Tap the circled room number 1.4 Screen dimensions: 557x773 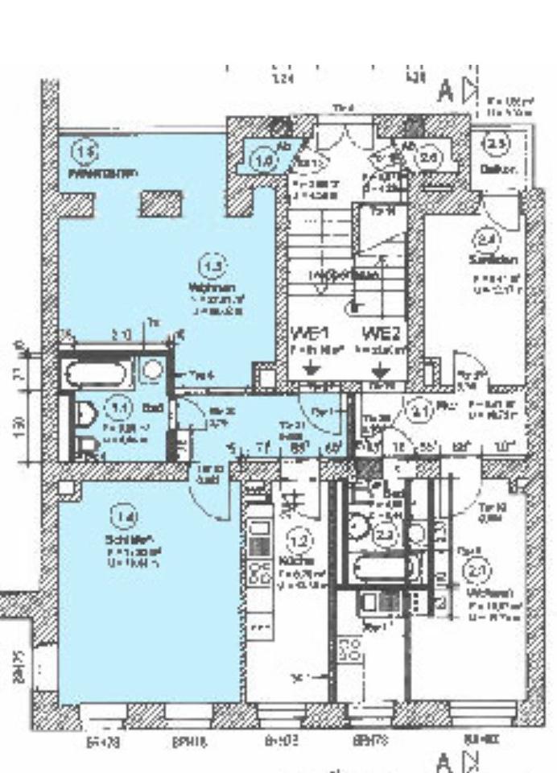coord(123,516)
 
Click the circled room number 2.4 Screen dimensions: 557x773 coord(485,239)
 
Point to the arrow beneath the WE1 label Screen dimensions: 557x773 coord(314,370)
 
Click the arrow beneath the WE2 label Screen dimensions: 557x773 coord(382,370)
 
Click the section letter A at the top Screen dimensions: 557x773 coord(444,91)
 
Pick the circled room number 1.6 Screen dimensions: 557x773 coord(265,160)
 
